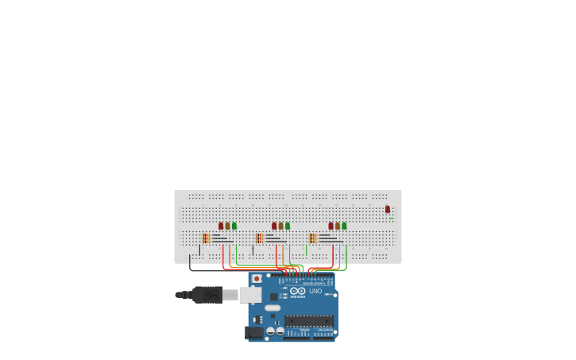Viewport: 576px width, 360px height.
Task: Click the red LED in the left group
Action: [221, 226]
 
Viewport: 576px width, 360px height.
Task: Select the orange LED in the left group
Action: [227, 226]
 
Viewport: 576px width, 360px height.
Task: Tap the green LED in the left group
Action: [234, 226]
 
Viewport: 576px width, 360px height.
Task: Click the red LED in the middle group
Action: [274, 226]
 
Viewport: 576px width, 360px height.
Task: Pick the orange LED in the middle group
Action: [280, 226]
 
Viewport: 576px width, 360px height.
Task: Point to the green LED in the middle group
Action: [288, 226]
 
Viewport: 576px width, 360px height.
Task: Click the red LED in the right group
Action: [331, 226]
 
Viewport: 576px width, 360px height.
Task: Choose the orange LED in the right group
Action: [338, 226]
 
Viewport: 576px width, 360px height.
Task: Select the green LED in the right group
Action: [344, 226]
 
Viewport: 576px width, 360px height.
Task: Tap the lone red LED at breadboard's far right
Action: [388, 209]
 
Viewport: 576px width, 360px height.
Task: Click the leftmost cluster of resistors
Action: [207, 238]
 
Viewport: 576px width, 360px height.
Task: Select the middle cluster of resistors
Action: [260, 238]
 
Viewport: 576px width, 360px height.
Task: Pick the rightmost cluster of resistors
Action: [313, 238]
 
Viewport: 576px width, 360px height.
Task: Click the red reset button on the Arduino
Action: [257, 279]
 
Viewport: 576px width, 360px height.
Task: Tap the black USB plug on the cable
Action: [207, 295]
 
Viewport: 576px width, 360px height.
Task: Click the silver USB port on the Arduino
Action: [250, 295]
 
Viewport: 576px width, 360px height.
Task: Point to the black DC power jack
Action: [254, 333]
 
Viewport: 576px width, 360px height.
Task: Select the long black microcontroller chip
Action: [309, 320]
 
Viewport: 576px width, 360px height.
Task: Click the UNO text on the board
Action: [315, 291]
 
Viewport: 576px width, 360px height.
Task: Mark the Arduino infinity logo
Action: [298, 291]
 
